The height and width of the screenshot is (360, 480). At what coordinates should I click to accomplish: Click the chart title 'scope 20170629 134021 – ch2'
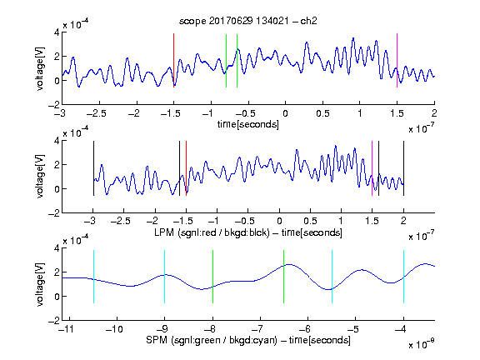pyautogui.click(x=248, y=21)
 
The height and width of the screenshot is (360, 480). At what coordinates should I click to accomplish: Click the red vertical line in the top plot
pyautogui.click(x=173, y=60)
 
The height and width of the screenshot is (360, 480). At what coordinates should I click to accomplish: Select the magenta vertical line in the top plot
pyautogui.click(x=397, y=60)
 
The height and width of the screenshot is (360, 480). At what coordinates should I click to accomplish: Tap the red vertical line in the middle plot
pyautogui.click(x=186, y=168)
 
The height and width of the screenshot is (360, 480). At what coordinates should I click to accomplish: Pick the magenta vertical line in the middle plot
pyautogui.click(x=372, y=168)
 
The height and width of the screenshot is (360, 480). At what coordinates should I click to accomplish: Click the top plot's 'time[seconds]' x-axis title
pyautogui.click(x=248, y=124)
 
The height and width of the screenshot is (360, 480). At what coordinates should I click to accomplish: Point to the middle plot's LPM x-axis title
pyautogui.click(x=248, y=232)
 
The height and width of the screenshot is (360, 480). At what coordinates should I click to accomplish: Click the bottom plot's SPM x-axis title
pyautogui.click(x=248, y=340)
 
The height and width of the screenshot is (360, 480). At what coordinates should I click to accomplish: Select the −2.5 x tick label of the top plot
pyautogui.click(x=96, y=113)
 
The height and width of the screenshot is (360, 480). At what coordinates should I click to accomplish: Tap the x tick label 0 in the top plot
pyautogui.click(x=285, y=113)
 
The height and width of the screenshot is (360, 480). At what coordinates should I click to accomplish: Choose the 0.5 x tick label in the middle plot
pyautogui.click(x=310, y=221)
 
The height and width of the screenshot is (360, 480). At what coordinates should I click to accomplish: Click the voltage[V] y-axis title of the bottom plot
pyautogui.click(x=40, y=284)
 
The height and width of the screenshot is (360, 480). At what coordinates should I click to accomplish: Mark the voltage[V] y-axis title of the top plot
pyautogui.click(x=40, y=68)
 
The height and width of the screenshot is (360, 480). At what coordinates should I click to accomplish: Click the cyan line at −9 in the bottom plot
pyautogui.click(x=165, y=277)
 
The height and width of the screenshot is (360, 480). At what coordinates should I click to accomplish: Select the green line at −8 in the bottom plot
pyautogui.click(x=212, y=277)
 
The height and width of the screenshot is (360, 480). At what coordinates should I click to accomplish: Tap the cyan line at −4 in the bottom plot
pyautogui.click(x=404, y=277)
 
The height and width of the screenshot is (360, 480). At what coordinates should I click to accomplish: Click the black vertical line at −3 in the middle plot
pyautogui.click(x=93, y=168)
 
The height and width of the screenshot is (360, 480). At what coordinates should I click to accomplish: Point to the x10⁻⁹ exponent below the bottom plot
pyautogui.click(x=421, y=344)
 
